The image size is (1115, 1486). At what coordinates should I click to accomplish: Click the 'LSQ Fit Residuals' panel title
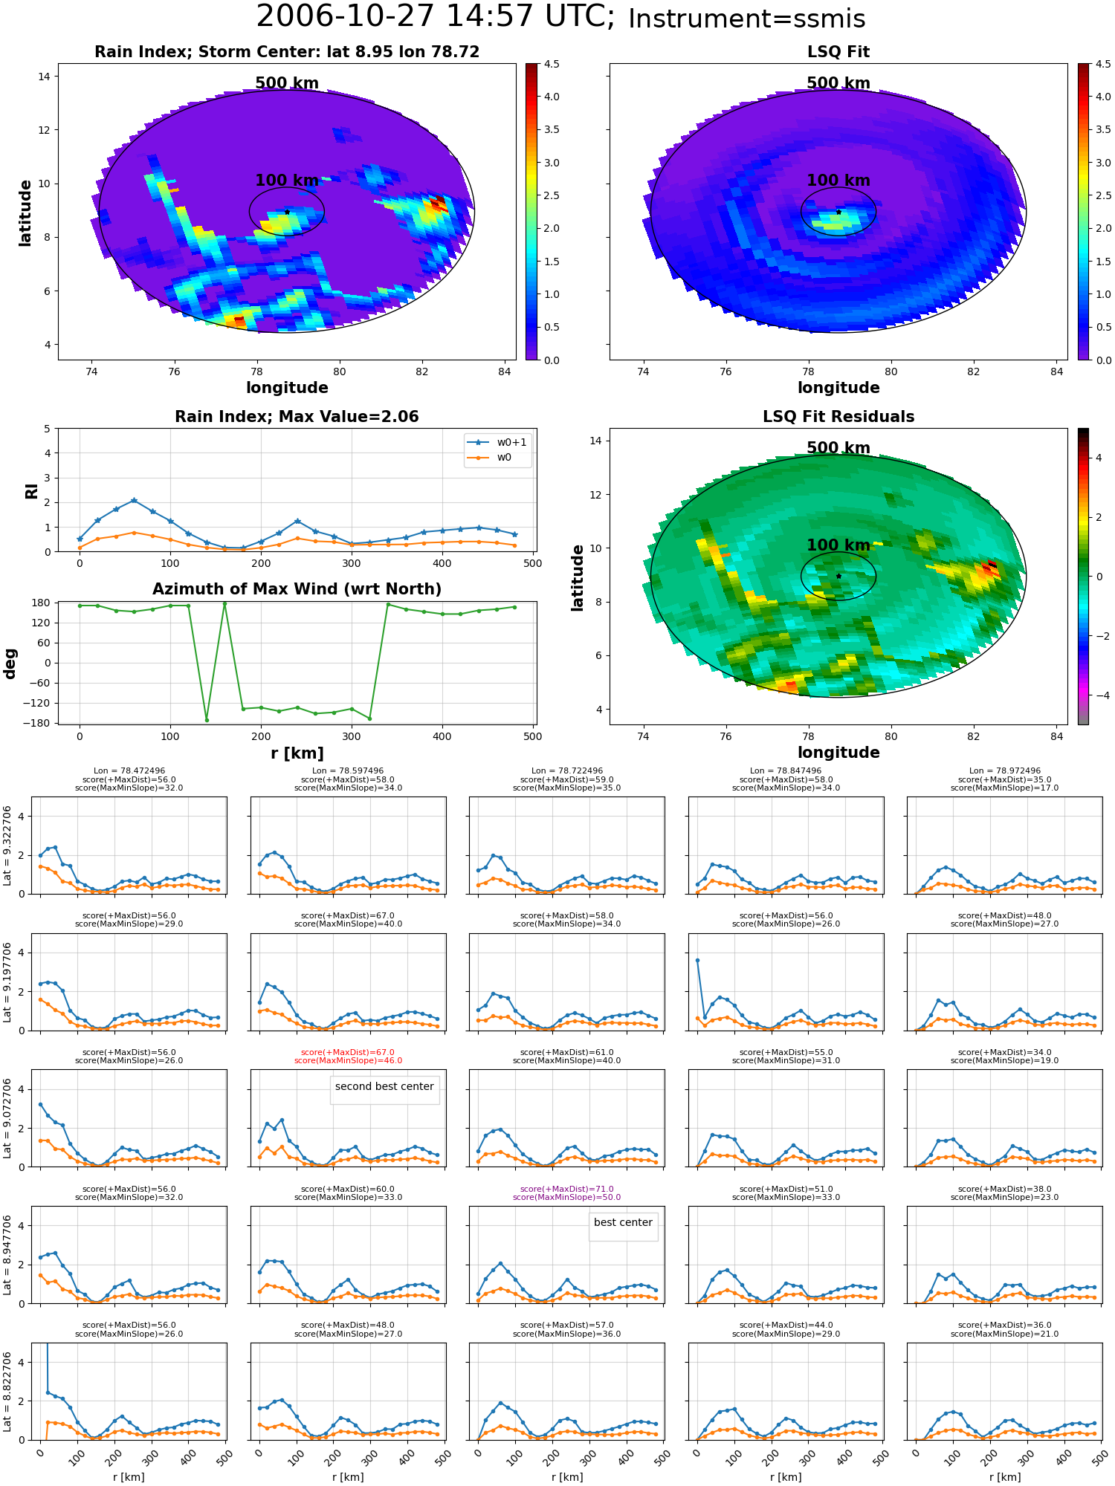[838, 417]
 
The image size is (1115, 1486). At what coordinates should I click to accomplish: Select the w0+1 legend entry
[497, 442]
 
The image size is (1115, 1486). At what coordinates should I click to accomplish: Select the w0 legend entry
[490, 457]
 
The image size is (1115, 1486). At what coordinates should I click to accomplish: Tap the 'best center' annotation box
[623, 1223]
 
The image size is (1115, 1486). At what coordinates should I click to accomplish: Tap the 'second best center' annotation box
[384, 1087]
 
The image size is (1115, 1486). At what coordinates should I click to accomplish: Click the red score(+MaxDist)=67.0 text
[348, 1052]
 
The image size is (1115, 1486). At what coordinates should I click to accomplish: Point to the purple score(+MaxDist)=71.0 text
[566, 1189]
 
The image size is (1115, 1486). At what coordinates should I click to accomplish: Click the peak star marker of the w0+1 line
[134, 500]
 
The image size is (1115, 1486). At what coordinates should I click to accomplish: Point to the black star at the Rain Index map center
[287, 212]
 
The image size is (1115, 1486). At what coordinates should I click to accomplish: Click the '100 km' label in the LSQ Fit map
[838, 181]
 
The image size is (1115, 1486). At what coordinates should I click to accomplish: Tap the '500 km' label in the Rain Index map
[287, 83]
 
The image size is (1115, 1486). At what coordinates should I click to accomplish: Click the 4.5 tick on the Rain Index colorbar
[552, 64]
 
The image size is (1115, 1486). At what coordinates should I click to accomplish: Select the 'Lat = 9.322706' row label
[7, 846]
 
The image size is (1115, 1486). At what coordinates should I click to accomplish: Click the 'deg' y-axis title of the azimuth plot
[10, 663]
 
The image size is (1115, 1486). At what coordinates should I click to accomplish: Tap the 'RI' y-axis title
[31, 491]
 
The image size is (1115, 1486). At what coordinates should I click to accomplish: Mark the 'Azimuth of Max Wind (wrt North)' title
[297, 589]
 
